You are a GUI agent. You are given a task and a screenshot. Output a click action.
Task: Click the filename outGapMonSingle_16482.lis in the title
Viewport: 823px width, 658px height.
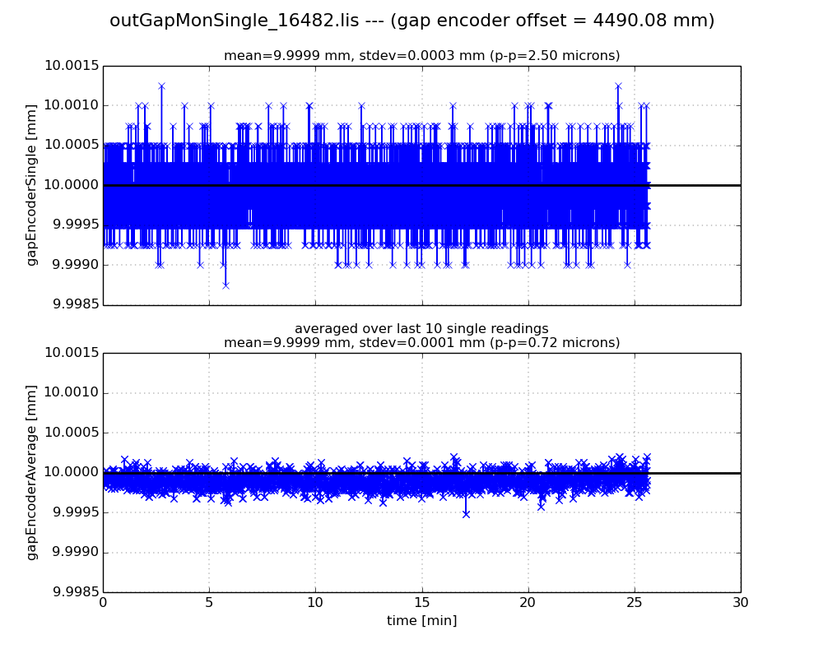coord(234,21)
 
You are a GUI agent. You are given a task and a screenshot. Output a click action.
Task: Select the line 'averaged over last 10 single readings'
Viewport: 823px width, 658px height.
coord(421,329)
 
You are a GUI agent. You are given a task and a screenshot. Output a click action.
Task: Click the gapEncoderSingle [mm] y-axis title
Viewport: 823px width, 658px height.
coord(32,185)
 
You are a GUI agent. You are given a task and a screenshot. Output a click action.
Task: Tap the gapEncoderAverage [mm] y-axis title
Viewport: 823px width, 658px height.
coord(32,472)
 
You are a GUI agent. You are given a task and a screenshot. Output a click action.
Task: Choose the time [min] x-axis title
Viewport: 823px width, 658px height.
coord(421,621)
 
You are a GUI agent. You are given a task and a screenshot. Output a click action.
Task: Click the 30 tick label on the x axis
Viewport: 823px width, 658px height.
coord(741,603)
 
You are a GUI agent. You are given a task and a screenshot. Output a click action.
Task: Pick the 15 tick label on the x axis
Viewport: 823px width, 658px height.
coord(421,603)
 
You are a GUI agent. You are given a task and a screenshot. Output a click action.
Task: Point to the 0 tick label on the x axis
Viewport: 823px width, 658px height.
coord(103,603)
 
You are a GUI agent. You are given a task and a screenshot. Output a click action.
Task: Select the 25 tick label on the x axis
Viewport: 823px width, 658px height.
coord(634,603)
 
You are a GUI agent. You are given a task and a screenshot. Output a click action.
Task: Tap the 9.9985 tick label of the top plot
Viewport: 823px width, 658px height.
coord(72,305)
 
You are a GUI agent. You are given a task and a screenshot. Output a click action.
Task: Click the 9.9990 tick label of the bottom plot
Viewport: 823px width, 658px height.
coord(72,553)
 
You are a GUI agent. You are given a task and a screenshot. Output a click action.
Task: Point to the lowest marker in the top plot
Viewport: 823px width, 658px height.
coord(225,285)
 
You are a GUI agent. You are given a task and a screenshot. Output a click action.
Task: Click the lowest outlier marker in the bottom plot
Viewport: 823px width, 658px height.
coord(466,514)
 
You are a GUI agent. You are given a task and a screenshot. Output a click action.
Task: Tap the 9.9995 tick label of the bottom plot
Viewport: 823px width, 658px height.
coord(72,512)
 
